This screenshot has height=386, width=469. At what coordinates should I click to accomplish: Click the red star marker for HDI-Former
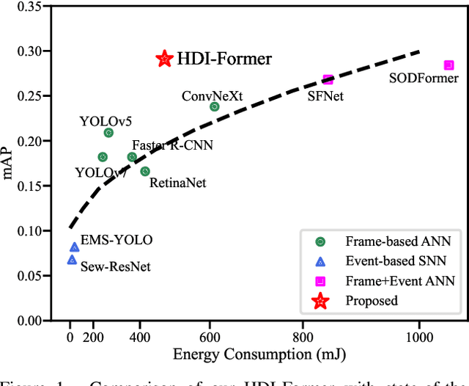click(164, 59)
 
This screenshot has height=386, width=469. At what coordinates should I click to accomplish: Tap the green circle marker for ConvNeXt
click(215, 106)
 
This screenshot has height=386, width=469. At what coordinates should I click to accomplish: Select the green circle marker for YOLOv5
click(108, 133)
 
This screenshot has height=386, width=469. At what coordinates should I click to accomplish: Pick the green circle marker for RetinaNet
click(145, 171)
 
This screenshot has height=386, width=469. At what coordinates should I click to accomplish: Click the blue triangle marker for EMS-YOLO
click(74, 247)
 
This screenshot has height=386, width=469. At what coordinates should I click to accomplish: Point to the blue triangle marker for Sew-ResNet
click(72, 259)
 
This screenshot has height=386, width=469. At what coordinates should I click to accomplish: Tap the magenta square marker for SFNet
click(328, 79)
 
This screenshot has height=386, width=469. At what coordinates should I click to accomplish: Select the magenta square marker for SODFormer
click(448, 65)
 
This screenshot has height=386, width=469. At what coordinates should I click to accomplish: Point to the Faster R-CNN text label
click(172, 145)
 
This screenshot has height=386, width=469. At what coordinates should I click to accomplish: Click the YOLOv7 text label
click(102, 172)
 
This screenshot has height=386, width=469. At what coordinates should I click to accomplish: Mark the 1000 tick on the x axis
click(419, 337)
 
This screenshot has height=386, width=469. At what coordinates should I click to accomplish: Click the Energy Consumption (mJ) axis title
click(259, 354)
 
